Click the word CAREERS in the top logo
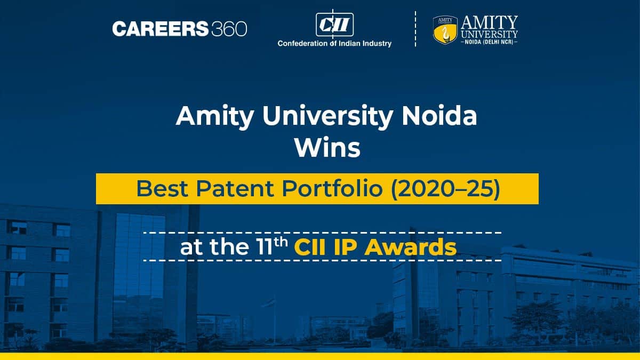pyautogui.click(x=161, y=29)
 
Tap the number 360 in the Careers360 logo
pyautogui.click(x=229, y=29)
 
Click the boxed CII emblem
pyautogui.click(x=334, y=25)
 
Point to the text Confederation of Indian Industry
pyautogui.click(x=334, y=43)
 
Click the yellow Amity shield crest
pyautogui.click(x=445, y=30)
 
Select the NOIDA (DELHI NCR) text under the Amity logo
pyautogui.click(x=490, y=42)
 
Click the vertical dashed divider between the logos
pyautogui.click(x=415, y=29)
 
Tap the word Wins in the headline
pyautogui.click(x=327, y=148)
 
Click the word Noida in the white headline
pyautogui.click(x=439, y=116)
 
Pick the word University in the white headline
pyautogui.click(x=327, y=117)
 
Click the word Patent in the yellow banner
pyautogui.click(x=235, y=189)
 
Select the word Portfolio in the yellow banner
pyautogui.click(x=333, y=189)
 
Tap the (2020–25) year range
pyautogui.click(x=446, y=189)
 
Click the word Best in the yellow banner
pyautogui.click(x=162, y=189)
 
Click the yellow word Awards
pyautogui.click(x=411, y=247)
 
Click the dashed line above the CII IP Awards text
pyautogui.click(x=322, y=233)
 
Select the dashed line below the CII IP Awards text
pyautogui.click(x=322, y=260)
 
